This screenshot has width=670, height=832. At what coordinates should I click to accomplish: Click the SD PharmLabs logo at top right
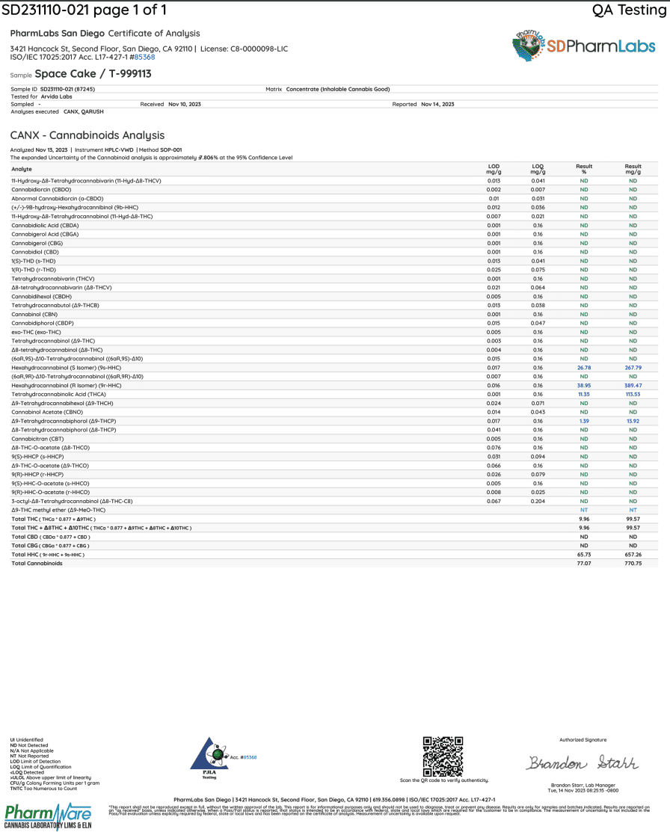click(x=583, y=46)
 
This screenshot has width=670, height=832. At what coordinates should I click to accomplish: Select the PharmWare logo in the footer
click(x=48, y=815)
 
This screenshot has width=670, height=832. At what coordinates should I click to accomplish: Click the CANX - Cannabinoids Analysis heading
click(x=87, y=135)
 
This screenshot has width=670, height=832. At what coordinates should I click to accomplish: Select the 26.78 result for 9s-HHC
click(x=584, y=368)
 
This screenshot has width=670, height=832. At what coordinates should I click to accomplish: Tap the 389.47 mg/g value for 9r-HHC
click(x=633, y=385)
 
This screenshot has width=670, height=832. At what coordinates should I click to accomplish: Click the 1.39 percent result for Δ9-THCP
click(x=584, y=422)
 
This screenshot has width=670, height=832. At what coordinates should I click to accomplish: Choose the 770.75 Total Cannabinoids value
click(x=633, y=563)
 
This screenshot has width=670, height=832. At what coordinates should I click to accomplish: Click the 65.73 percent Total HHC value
click(x=584, y=555)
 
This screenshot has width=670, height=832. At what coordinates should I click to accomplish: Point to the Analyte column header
click(x=22, y=169)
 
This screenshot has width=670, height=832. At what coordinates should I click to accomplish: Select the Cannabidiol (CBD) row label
click(x=35, y=252)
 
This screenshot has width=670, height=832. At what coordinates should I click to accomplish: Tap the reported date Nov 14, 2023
click(x=437, y=104)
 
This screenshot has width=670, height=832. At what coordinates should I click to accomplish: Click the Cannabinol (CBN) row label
click(x=35, y=314)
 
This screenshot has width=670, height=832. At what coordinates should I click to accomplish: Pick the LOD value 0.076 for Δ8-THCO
click(x=494, y=448)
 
